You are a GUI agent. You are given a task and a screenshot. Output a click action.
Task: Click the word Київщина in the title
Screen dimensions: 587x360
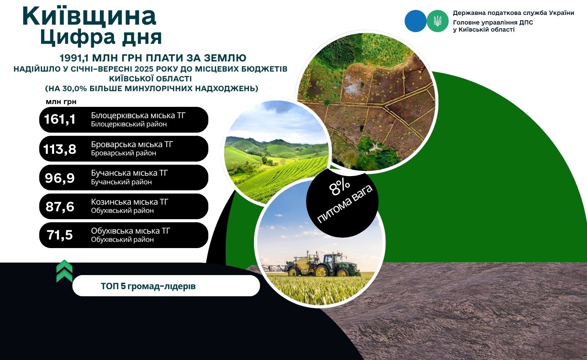[x=89, y=16]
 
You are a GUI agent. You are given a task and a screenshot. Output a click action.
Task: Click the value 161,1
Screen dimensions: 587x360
[x=60, y=119]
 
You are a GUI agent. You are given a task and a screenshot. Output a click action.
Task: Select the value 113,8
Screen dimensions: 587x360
[x=59, y=149]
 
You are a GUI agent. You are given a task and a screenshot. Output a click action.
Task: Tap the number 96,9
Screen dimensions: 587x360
[x=60, y=178]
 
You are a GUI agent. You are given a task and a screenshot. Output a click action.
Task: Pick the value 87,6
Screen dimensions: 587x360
[x=60, y=207]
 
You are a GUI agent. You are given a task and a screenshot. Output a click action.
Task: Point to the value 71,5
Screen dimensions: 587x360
[x=59, y=235]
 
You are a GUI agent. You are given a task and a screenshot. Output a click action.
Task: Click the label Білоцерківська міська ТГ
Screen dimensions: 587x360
[x=138, y=115]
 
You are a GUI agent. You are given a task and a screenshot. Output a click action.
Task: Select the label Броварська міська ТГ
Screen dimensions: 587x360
[x=132, y=144]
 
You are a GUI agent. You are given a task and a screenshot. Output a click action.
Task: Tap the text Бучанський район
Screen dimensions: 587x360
[x=121, y=182]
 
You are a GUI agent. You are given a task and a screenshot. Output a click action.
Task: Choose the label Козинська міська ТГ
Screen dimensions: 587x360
[x=130, y=202]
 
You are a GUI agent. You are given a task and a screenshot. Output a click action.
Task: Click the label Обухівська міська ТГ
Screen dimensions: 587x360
[x=130, y=231]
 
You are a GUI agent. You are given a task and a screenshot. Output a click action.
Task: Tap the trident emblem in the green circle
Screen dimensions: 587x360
[x=438, y=21]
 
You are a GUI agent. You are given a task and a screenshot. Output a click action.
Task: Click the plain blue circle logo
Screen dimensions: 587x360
[x=416, y=21]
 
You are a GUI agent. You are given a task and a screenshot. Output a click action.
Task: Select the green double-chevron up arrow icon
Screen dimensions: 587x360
[x=65, y=271]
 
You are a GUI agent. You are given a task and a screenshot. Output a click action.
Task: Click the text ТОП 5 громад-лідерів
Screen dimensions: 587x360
[x=148, y=286]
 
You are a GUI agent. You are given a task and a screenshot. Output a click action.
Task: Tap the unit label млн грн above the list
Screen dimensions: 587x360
[x=61, y=102]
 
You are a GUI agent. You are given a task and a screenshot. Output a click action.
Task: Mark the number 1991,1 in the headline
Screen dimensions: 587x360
[x=74, y=58]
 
